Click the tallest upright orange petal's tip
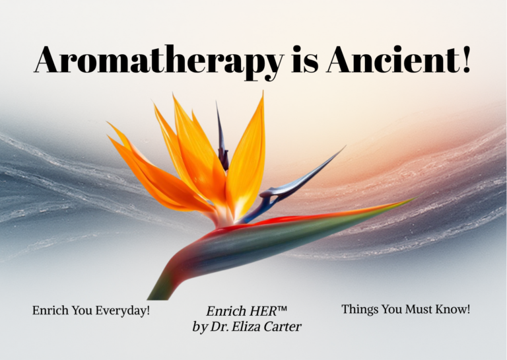[x=262, y=96]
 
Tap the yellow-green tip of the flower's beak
[x=406, y=201]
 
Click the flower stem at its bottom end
[x=157, y=294]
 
